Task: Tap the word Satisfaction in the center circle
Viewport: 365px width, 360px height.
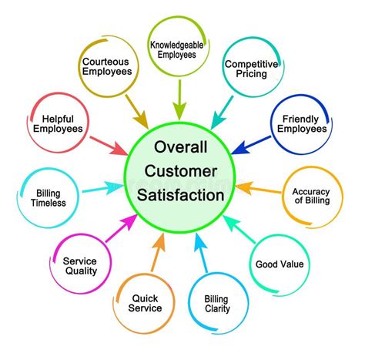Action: pos(182,195)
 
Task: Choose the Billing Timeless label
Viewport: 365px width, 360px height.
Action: pos(43,197)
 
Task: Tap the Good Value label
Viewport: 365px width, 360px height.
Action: pos(280,264)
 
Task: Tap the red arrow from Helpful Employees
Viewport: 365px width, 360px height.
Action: pos(108,144)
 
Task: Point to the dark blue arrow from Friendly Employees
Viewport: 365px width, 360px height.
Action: pos(250,143)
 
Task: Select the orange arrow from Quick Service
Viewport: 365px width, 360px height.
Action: pos(158,251)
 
